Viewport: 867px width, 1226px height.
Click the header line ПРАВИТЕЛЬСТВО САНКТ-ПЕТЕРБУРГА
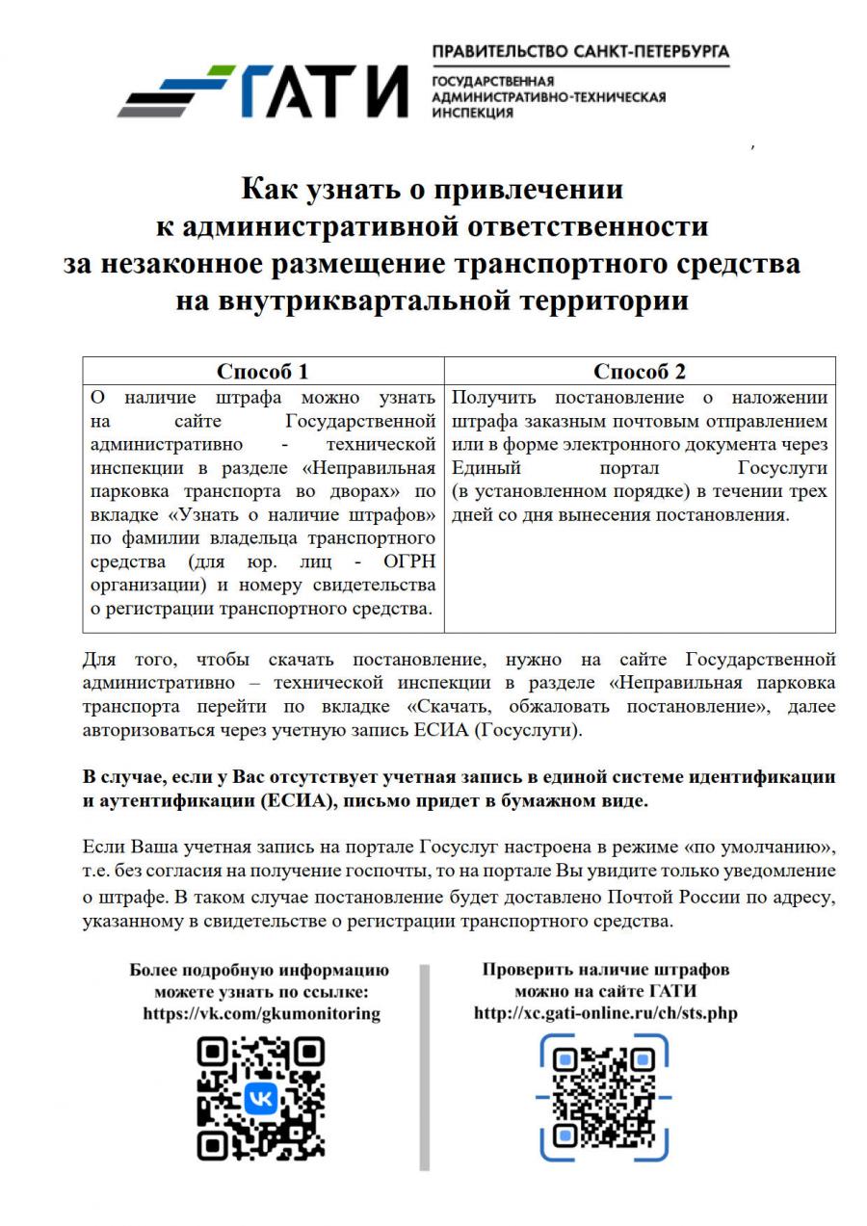tap(580, 51)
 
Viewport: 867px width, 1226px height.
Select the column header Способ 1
tap(262, 372)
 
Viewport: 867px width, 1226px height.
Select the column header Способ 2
tap(639, 372)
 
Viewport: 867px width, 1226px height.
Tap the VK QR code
tap(260, 1097)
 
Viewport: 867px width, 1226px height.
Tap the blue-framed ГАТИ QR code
tap(605, 1097)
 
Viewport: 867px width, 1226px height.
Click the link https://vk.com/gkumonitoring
tap(261, 1013)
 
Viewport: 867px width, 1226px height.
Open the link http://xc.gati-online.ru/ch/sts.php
tap(606, 1013)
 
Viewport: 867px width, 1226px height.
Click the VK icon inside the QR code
tap(260, 1098)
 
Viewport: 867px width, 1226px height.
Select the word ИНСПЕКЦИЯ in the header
tap(473, 113)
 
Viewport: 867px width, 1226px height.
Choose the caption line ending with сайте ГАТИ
tap(606, 991)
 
